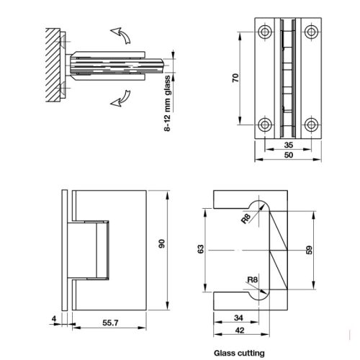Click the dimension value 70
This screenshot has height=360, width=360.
click(235, 78)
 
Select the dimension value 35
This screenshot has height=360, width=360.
click(289, 144)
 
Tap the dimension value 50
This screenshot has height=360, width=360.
click(289, 155)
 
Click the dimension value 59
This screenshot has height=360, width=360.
click(311, 250)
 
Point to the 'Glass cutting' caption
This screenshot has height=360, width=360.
click(240, 353)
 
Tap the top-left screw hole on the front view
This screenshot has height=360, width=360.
click(266, 32)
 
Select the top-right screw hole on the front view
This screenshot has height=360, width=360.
click(312, 32)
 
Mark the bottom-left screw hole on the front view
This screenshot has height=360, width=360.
click(266, 125)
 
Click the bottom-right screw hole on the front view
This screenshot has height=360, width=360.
click(312, 125)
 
